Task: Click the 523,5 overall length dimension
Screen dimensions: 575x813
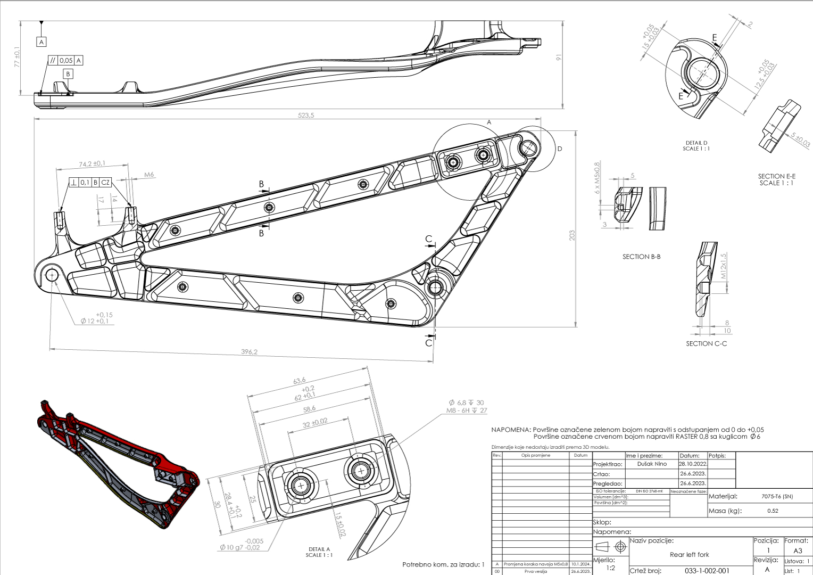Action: pyautogui.click(x=305, y=115)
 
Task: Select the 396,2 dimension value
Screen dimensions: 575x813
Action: pyautogui.click(x=249, y=352)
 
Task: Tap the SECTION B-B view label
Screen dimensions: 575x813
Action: pyautogui.click(x=641, y=257)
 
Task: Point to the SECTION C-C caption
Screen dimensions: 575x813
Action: pyautogui.click(x=706, y=344)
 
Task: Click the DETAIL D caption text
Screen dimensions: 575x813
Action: pyautogui.click(x=696, y=143)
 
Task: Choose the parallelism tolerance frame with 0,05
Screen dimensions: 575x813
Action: pyautogui.click(x=65, y=61)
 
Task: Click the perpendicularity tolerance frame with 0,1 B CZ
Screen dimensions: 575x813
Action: pyautogui.click(x=90, y=183)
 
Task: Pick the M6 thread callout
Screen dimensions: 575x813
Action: pyautogui.click(x=149, y=175)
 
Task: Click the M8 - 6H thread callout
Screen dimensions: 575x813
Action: pyautogui.click(x=466, y=410)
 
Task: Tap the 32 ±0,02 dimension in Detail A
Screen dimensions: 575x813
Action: pyautogui.click(x=315, y=423)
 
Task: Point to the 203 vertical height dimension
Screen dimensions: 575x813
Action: pyautogui.click(x=572, y=235)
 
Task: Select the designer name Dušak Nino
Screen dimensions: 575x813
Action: pyautogui.click(x=652, y=464)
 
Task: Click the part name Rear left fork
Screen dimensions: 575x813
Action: pyautogui.click(x=689, y=554)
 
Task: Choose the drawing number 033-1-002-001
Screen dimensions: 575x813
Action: pyautogui.click(x=707, y=571)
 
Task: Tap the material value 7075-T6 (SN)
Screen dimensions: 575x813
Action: pyautogui.click(x=777, y=496)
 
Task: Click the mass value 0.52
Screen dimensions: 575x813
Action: pyautogui.click(x=773, y=511)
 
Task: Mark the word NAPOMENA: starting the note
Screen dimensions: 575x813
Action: pyautogui.click(x=511, y=430)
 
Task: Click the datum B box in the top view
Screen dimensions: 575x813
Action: pyautogui.click(x=68, y=74)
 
